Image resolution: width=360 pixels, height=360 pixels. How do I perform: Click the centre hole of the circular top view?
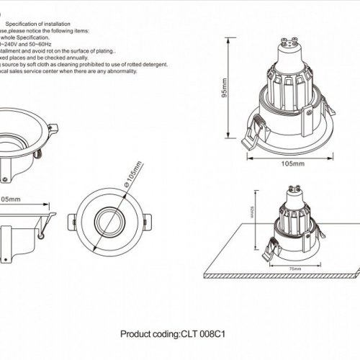[112, 220]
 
